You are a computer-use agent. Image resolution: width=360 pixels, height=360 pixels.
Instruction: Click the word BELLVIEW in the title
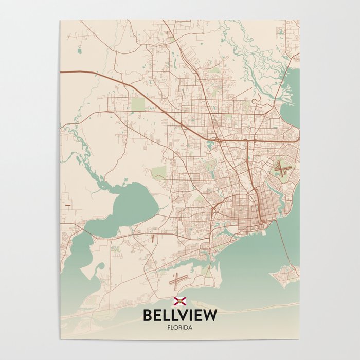point(180,315)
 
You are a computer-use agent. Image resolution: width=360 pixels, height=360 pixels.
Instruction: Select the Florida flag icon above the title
point(180,301)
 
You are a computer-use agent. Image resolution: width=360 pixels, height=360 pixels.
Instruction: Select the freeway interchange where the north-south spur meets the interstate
point(247,139)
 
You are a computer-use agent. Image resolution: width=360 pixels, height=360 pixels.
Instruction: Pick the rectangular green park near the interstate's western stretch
point(137,104)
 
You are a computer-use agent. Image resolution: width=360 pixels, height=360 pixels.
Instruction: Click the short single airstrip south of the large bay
point(153,237)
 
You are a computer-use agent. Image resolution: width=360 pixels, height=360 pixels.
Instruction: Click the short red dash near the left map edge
point(67,205)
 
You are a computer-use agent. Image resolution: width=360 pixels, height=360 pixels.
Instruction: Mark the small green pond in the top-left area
point(79,50)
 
